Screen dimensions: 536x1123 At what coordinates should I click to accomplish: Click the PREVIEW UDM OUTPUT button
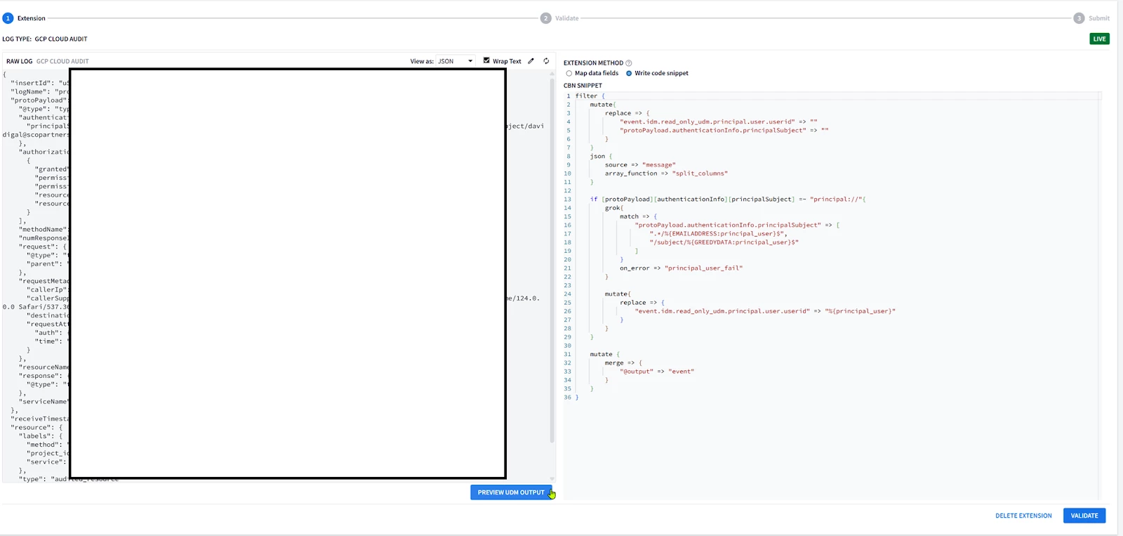coord(510,492)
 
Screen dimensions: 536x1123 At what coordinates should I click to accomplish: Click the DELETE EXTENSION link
coord(1023,516)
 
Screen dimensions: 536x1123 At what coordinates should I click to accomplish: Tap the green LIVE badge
coord(1099,39)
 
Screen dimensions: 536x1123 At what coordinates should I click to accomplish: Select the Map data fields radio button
coord(569,74)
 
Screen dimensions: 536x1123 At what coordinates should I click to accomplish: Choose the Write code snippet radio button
coord(629,74)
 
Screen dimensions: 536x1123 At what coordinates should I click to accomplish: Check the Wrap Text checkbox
coord(486,61)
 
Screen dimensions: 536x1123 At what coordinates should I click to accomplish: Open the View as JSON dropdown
coord(455,61)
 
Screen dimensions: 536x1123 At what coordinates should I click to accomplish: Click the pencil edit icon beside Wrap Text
coord(531,61)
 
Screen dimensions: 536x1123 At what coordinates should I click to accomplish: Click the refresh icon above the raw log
coord(546,61)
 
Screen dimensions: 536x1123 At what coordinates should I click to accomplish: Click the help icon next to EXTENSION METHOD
coord(629,63)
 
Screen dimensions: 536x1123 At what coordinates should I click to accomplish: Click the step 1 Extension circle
coord(8,18)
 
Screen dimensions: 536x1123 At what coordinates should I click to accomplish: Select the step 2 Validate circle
coord(545,18)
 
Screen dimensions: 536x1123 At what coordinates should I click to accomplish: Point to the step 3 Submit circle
coord(1079,18)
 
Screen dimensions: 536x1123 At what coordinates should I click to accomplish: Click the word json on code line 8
coord(597,157)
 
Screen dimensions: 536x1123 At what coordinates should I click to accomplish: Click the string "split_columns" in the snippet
coord(700,174)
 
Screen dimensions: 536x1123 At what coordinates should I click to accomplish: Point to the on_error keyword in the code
coord(634,268)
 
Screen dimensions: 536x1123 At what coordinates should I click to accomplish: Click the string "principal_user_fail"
coord(703,268)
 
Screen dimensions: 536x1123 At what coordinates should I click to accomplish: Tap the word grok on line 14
coord(613,208)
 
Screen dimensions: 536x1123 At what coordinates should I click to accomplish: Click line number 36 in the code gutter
coord(567,398)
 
